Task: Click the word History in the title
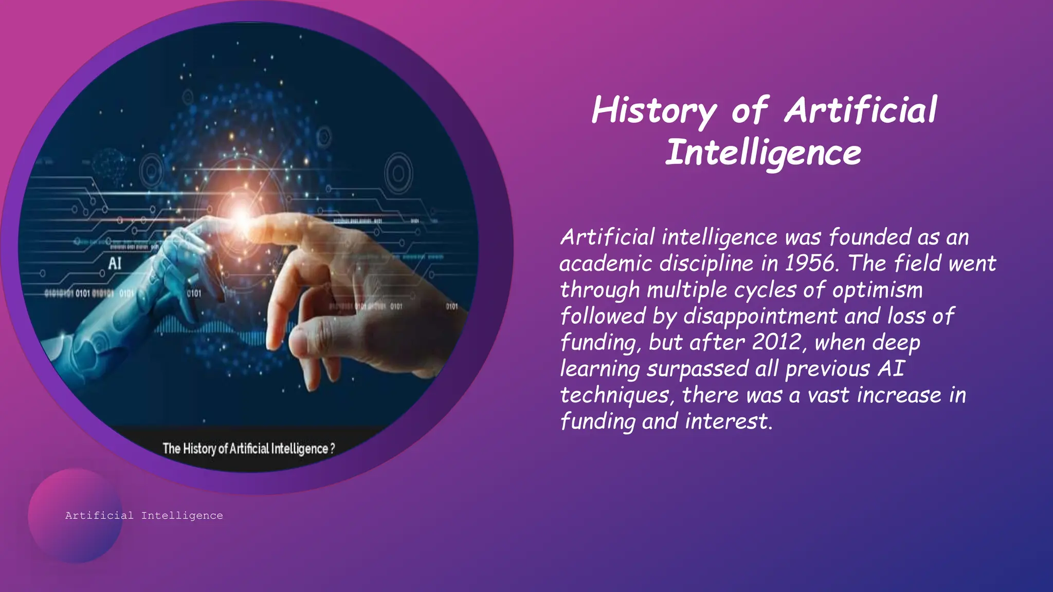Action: [653, 110]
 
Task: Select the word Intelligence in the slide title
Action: [763, 153]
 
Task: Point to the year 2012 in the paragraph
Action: [776, 342]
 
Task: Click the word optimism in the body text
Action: [877, 290]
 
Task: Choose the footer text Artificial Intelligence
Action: [144, 515]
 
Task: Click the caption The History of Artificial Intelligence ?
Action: [248, 449]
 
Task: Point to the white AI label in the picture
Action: [115, 264]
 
